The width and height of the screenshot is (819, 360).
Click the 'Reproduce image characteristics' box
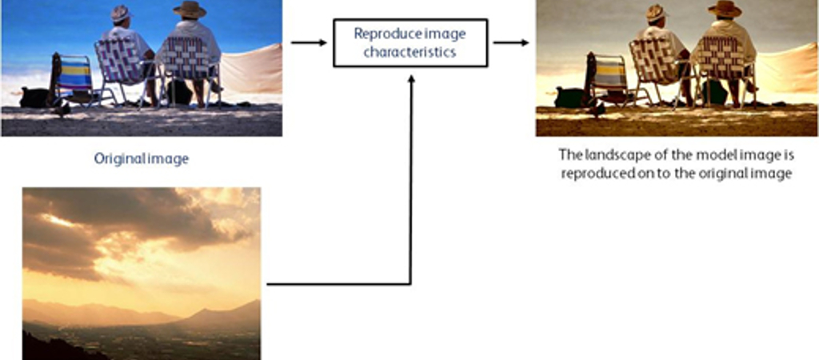(410, 43)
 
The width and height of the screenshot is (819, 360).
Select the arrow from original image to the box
(309, 42)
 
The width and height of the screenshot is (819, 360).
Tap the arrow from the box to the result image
(511, 42)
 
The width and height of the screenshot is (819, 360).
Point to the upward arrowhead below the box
(411, 79)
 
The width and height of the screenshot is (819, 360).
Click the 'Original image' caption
(141, 159)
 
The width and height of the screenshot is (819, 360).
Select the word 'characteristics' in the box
(410, 52)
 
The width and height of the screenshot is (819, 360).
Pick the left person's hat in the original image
(121, 13)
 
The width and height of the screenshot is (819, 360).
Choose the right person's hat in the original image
(190, 9)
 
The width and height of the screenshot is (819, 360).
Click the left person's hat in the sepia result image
(656, 13)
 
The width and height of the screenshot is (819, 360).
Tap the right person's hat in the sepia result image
(725, 9)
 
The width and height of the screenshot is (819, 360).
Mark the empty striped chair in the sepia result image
(609, 79)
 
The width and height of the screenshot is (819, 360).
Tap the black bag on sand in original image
(34, 98)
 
